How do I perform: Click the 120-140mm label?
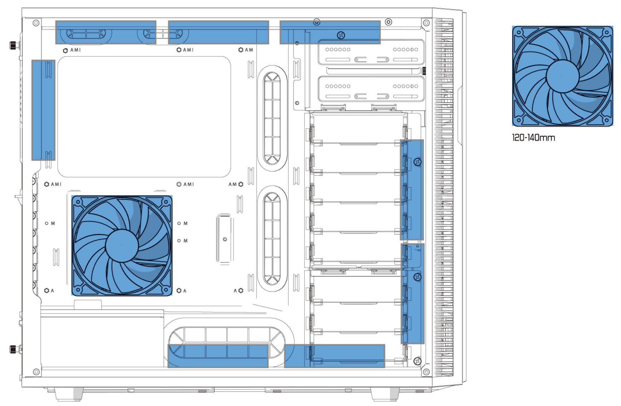(533, 137)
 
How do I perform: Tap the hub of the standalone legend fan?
(562, 76)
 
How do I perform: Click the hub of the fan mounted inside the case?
(122, 246)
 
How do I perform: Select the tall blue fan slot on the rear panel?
(43, 110)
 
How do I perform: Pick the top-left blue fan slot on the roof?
(106, 32)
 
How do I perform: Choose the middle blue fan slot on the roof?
(218, 32)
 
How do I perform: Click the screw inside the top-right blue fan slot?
(341, 35)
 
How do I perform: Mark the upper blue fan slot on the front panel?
(412, 190)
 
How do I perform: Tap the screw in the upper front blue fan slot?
(417, 162)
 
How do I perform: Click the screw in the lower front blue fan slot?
(417, 277)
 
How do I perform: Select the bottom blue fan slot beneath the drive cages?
(334, 356)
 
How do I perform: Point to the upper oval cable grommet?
(272, 118)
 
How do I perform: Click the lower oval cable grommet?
(272, 239)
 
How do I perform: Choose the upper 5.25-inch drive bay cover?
(371, 52)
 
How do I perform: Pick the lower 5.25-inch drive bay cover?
(371, 89)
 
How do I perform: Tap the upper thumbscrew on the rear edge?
(14, 45)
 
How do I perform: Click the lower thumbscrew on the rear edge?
(14, 349)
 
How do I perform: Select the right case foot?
(385, 394)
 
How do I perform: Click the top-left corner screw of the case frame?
(36, 23)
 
